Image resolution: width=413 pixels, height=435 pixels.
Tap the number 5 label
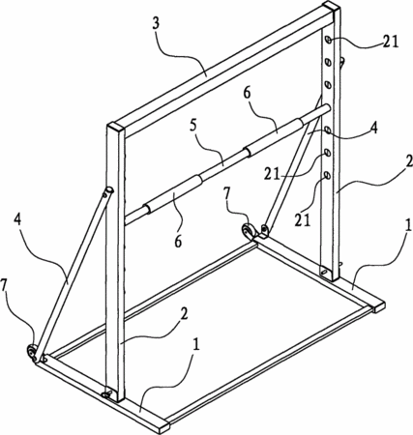click(x=193, y=128)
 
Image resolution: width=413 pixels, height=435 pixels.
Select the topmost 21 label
click(x=391, y=42)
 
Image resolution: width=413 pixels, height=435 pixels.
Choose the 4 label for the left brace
click(x=18, y=219)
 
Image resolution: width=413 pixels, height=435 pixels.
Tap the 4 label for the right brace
click(x=373, y=129)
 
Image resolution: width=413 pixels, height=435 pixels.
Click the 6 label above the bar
click(x=247, y=94)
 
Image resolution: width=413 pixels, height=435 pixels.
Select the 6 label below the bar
click(x=178, y=241)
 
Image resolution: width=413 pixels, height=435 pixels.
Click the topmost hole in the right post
click(x=328, y=40)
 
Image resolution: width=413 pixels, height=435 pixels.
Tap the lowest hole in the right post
click(x=327, y=175)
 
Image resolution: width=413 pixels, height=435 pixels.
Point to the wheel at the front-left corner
click(x=32, y=351)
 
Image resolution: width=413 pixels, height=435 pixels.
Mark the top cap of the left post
click(x=116, y=127)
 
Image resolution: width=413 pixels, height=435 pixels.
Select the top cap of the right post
click(x=332, y=6)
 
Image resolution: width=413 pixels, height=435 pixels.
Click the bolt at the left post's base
click(x=107, y=394)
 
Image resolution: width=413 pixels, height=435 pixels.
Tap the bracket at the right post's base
click(x=325, y=273)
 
